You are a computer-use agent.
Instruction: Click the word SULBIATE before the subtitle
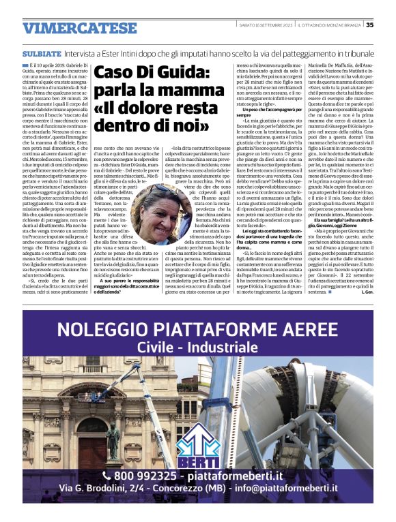pyautogui.click(x=42, y=52)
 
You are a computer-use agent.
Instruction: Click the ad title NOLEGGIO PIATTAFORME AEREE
pyautogui.click(x=199, y=332)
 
